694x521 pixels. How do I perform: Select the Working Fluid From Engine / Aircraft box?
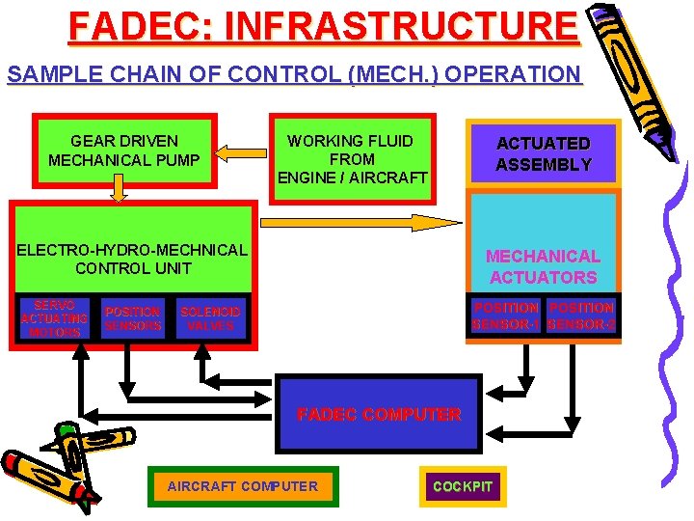coord(351,158)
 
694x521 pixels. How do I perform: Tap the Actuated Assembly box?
coord(544,154)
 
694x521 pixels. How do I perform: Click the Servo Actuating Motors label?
coord(54,317)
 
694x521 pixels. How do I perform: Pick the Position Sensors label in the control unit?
coord(133,318)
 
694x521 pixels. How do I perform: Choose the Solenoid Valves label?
coord(211,318)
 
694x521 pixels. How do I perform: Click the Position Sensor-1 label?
coord(506,316)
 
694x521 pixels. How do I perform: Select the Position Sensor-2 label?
coord(581,316)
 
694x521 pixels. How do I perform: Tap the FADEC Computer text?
coord(379,415)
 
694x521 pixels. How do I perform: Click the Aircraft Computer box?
coord(242,486)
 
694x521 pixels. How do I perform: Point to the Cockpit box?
coord(463,486)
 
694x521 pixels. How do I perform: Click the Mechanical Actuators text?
coord(543,266)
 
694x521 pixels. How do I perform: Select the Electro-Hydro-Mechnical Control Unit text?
coord(132,259)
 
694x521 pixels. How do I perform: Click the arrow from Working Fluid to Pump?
coord(241,151)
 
